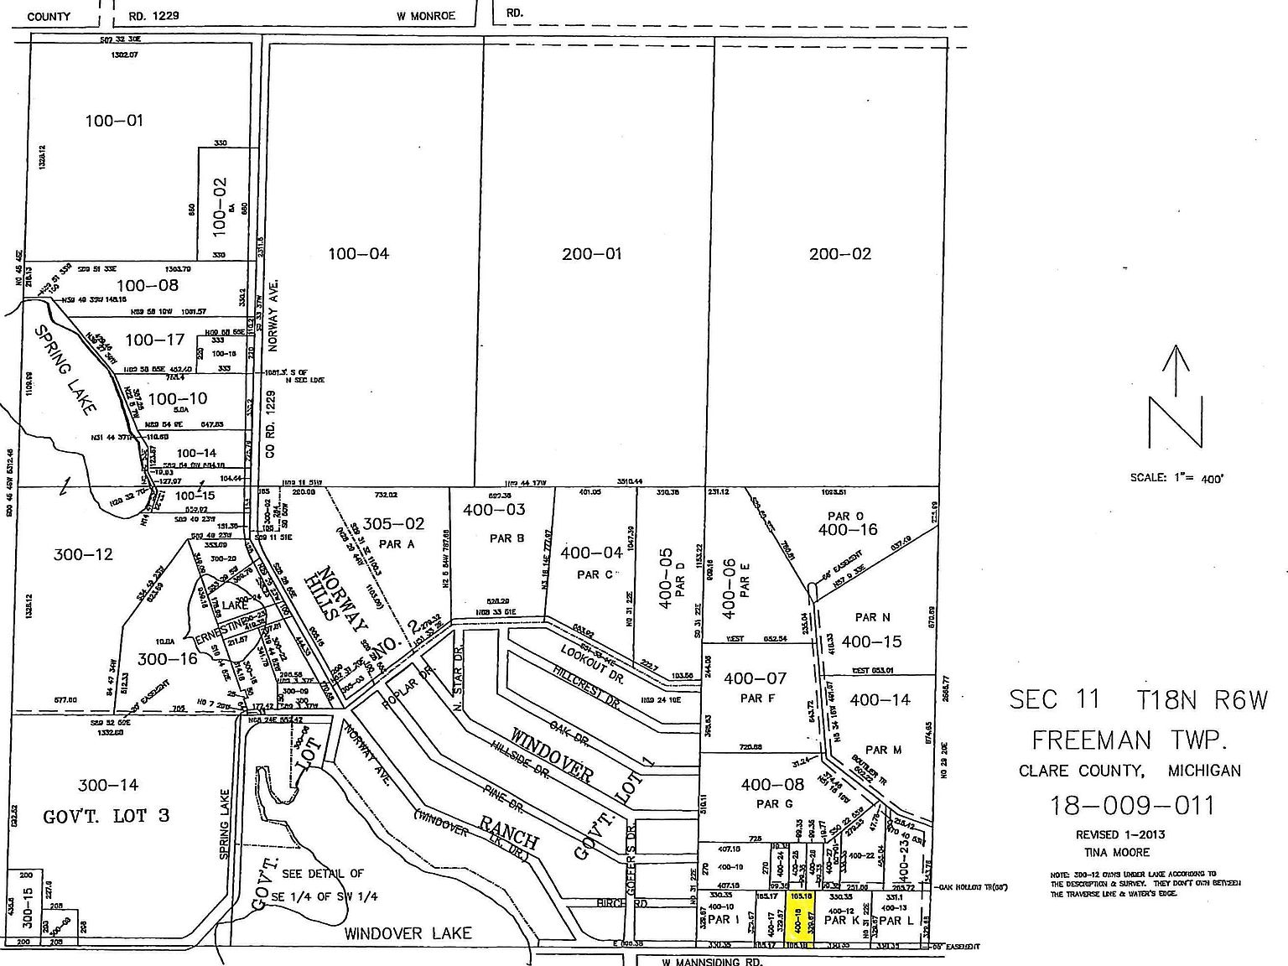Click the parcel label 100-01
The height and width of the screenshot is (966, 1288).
(x=114, y=121)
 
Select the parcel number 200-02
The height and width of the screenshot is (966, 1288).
(x=839, y=254)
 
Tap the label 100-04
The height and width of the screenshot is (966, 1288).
(x=358, y=254)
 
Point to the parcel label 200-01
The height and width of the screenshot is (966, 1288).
(x=592, y=254)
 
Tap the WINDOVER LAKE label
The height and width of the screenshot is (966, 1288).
(x=408, y=932)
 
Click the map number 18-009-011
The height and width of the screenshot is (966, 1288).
(x=1132, y=806)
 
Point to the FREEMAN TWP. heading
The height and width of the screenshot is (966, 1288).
(x=1130, y=740)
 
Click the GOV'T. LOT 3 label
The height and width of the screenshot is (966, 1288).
(x=106, y=815)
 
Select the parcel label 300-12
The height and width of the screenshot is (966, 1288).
(x=81, y=554)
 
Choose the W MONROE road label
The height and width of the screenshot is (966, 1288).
(x=426, y=15)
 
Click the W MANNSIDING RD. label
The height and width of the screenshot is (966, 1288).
(x=715, y=961)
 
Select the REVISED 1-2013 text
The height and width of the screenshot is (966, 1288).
(x=1120, y=834)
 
